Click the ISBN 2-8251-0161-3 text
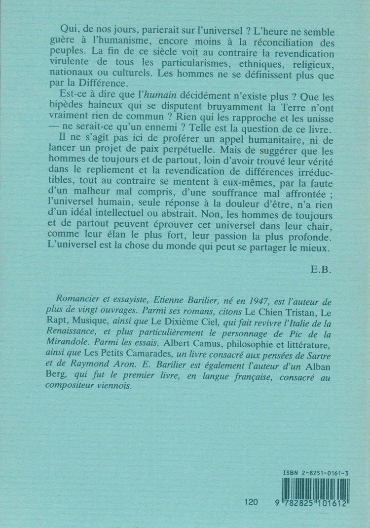pos(316,473)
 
